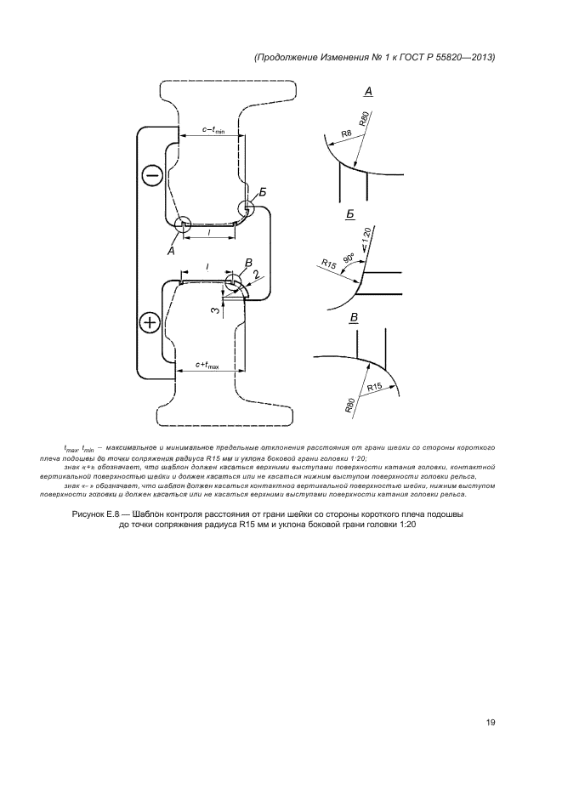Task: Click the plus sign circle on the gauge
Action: point(150,322)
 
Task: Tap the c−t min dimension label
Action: point(213,130)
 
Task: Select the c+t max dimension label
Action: point(207,366)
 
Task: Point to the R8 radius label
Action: point(346,133)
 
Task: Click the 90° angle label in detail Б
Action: point(349,256)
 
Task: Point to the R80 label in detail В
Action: point(350,404)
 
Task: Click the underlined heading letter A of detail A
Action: point(368,90)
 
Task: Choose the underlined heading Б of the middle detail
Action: point(350,217)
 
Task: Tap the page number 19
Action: point(491,722)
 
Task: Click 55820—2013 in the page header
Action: point(463,57)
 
